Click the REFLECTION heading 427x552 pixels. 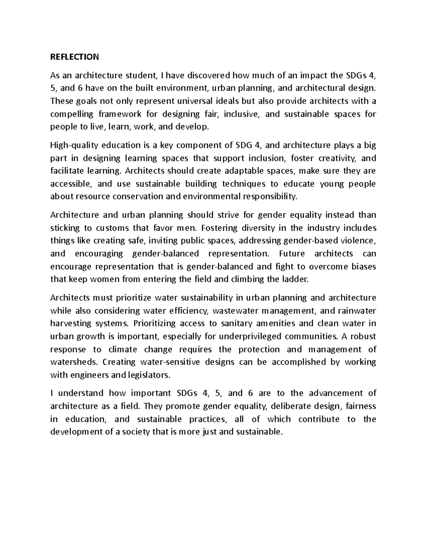[74, 57]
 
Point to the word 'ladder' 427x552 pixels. [294, 279]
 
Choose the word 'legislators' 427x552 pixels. [151, 375]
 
